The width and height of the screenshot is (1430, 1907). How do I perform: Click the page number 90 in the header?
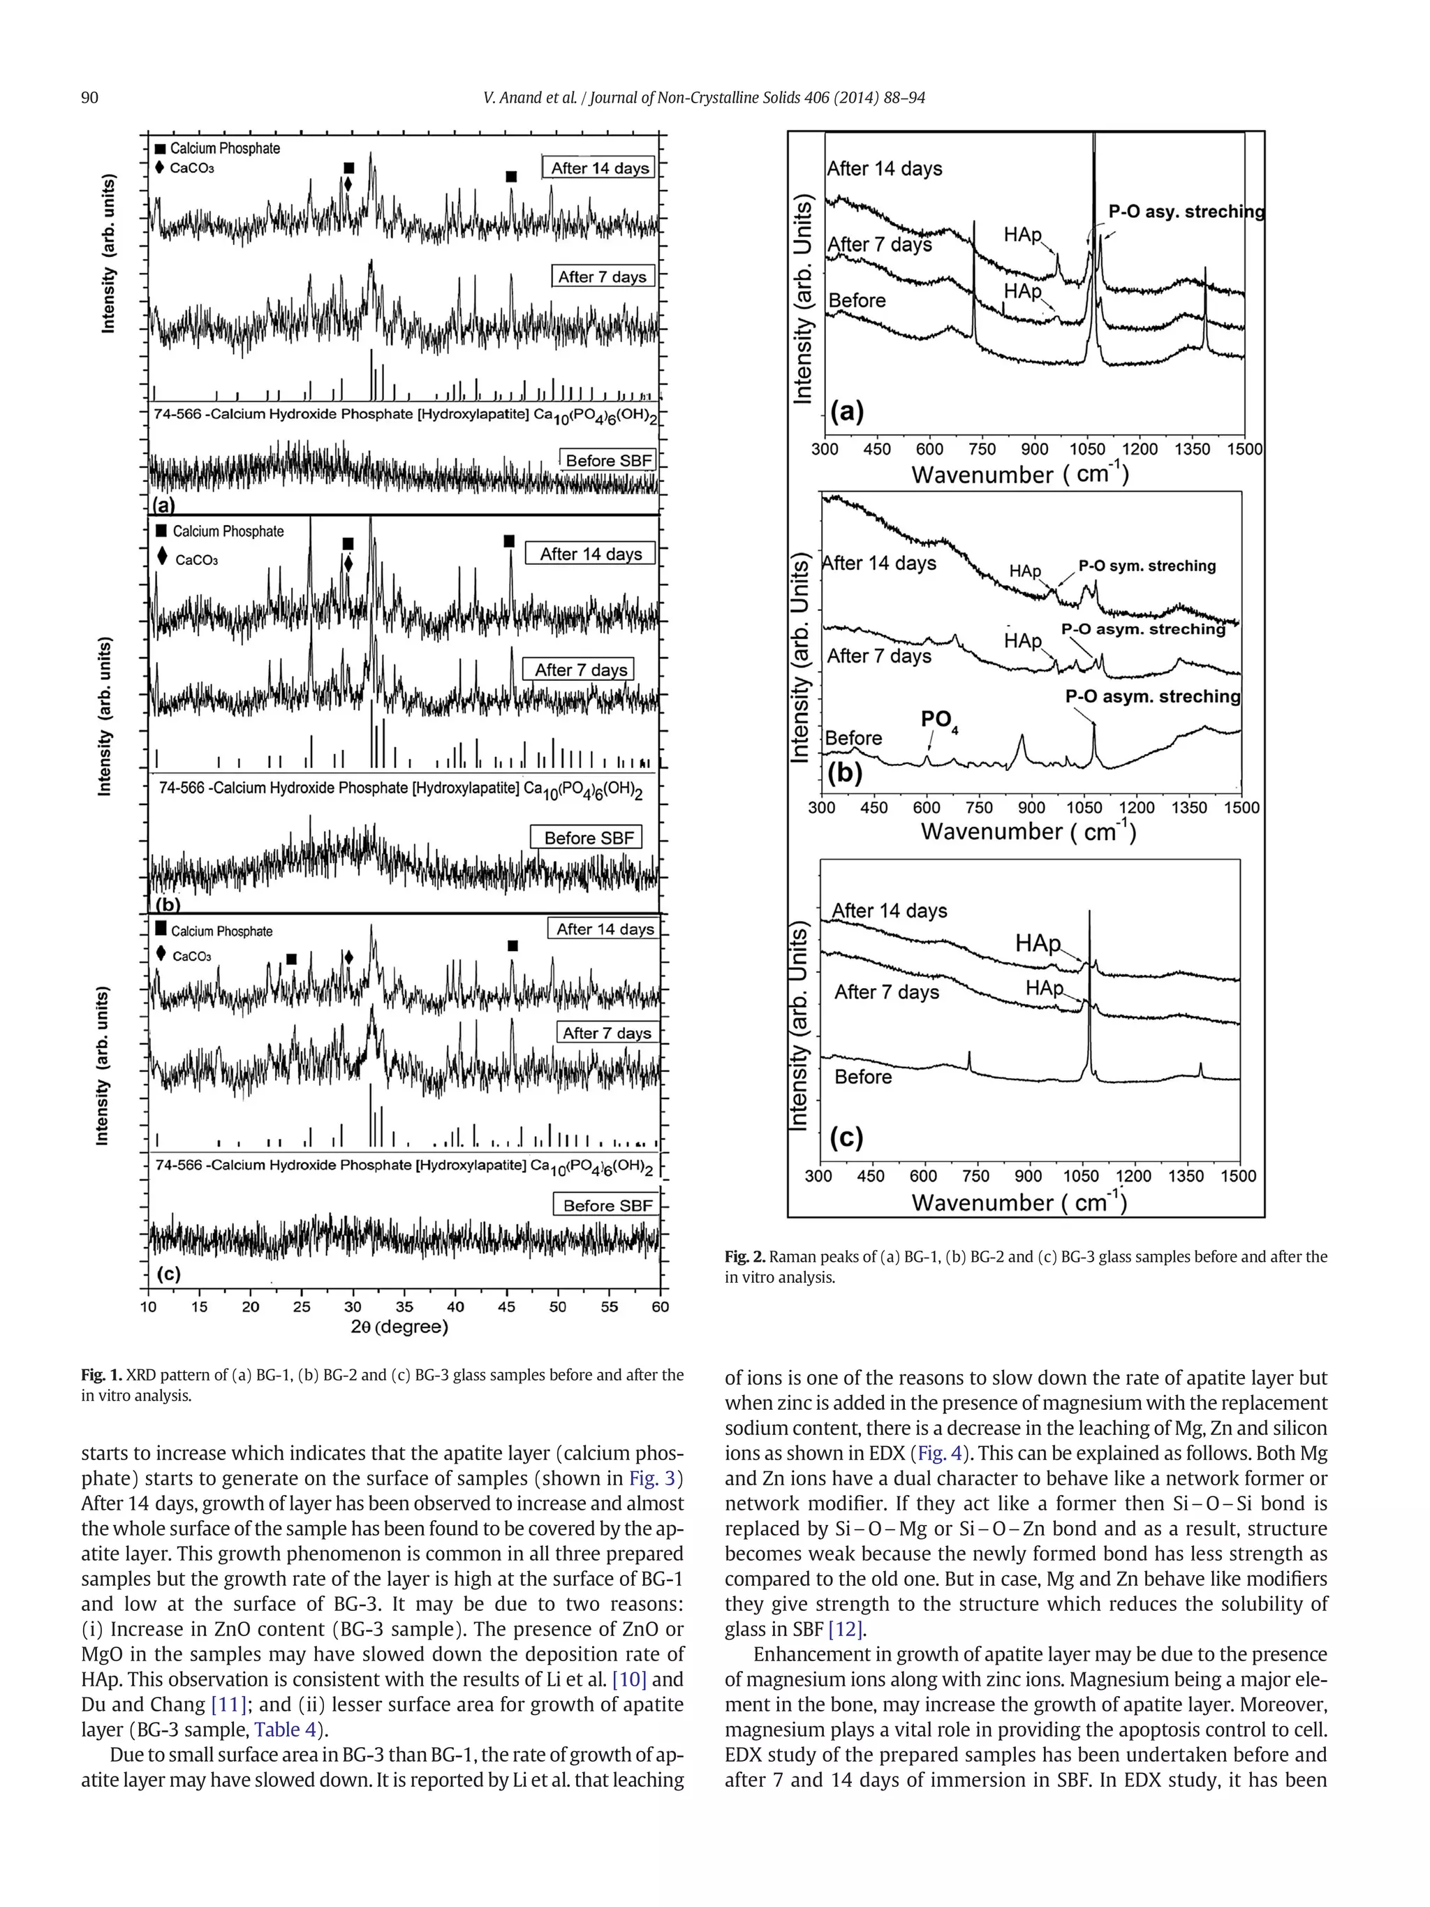coord(89,98)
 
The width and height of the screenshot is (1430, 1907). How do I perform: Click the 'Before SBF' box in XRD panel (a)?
coord(607,460)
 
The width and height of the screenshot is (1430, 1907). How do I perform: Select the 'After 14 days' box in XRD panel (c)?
coord(604,929)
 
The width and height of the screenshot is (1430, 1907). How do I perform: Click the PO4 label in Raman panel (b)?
coord(938,720)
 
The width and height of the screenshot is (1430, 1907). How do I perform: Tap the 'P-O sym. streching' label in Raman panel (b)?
coord(1147,566)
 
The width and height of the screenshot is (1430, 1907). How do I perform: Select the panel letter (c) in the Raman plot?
coord(846,1138)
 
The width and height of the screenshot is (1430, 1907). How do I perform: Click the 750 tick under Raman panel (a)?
coord(981,449)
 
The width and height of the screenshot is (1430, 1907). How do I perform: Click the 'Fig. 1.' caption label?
coord(102,1375)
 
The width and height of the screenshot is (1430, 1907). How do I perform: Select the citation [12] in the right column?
coord(846,1629)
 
